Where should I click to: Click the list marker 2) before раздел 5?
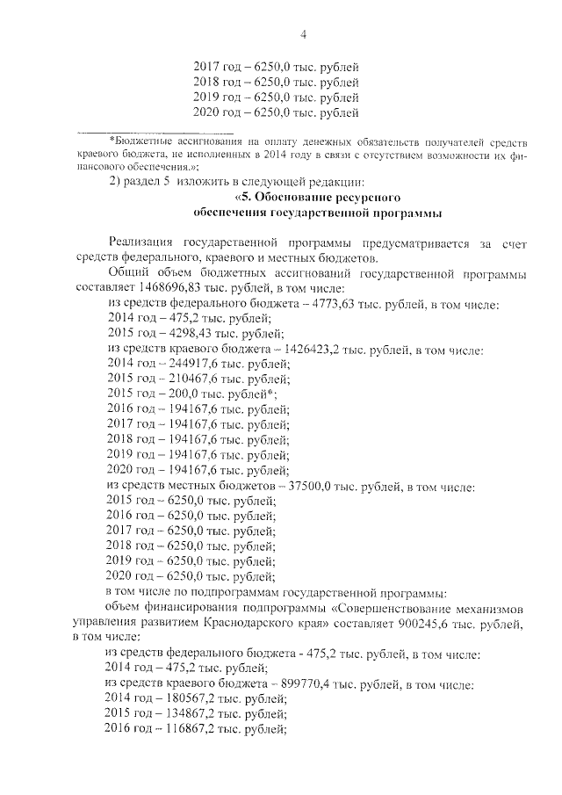[x=112, y=181]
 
